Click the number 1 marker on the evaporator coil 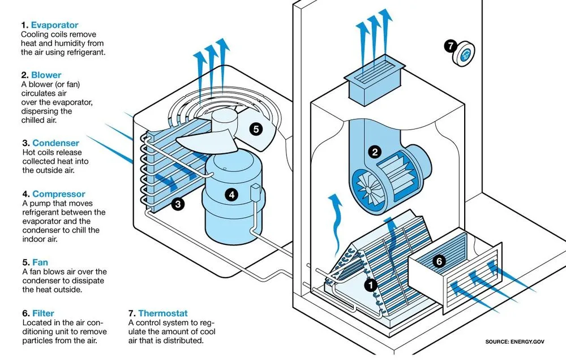[370, 285]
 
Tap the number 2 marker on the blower [374, 151]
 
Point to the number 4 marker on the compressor [230, 195]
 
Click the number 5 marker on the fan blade [256, 129]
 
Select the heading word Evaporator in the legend [54, 25]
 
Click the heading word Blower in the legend [46, 75]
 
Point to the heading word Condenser [55, 143]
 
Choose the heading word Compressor [59, 194]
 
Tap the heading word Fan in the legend [40, 262]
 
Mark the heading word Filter [42, 313]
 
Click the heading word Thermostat [162, 313]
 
